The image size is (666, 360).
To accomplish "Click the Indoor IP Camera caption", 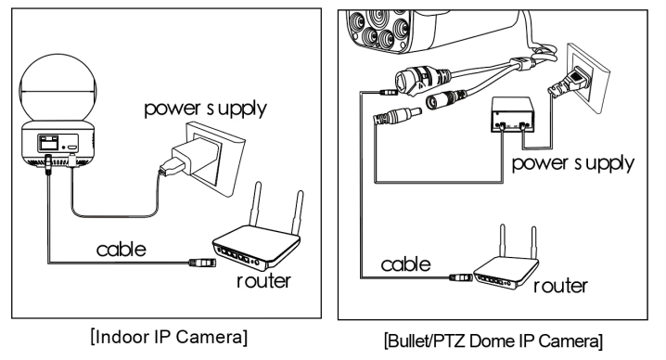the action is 169,337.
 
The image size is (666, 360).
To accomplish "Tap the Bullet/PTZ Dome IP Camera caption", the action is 493,341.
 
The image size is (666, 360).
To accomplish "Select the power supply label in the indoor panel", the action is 205,109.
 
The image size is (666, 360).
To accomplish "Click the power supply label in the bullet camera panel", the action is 573,164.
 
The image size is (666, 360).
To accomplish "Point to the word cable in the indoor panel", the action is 122,249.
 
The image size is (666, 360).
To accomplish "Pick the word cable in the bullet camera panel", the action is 405,264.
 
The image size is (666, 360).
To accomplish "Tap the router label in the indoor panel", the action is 263,281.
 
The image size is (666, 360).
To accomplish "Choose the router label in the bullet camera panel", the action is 560,286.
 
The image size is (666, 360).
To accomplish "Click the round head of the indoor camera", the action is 58,88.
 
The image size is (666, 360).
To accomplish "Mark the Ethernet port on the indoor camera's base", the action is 48,143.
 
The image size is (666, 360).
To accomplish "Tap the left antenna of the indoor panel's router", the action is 255,204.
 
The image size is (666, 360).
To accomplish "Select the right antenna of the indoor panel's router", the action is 298,212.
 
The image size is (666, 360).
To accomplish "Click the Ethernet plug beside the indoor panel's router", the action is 202,263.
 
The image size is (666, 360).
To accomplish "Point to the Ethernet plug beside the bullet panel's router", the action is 461,277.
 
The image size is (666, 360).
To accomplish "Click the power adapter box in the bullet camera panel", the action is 512,115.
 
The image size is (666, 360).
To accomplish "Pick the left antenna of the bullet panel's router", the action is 503,240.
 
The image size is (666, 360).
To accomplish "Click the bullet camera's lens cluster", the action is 378,29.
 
